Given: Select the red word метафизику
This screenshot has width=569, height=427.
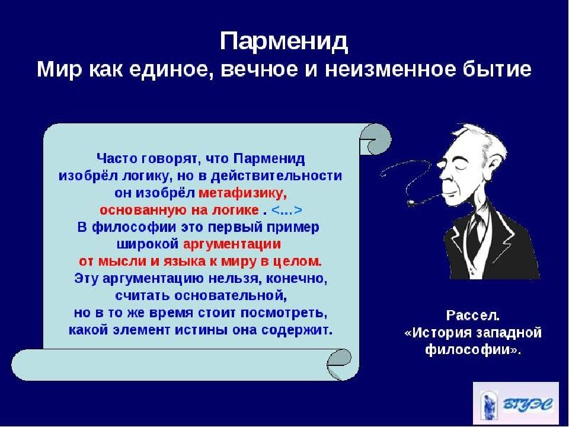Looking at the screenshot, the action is point(243,193).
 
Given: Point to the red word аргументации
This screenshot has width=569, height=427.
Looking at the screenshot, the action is point(232,244).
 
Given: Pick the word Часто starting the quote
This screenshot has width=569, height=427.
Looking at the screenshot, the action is point(117,159).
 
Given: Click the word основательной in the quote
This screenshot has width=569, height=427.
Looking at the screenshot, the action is point(231,295).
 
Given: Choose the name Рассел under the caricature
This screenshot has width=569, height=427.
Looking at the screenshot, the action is point(473,315).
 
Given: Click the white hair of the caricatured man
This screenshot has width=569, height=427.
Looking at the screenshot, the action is point(482,140).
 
